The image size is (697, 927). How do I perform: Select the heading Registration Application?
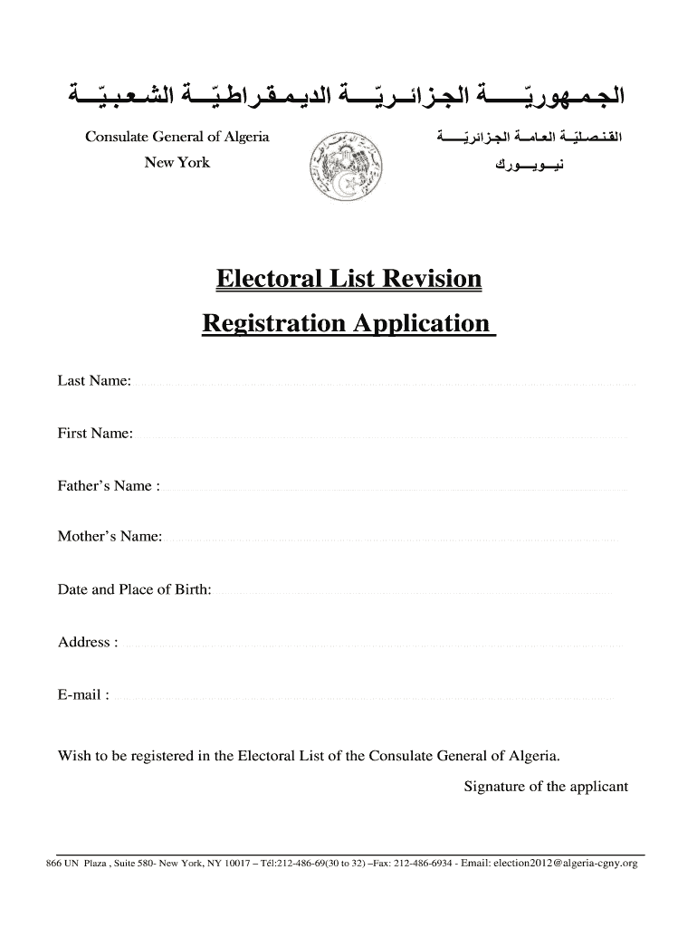[x=348, y=323]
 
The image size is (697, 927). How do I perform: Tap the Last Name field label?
[x=95, y=381]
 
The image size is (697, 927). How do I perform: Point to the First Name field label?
[x=95, y=434]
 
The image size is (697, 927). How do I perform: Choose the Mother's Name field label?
[x=110, y=537]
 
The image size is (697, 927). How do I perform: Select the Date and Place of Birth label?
[x=134, y=590]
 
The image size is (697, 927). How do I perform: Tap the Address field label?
[x=88, y=643]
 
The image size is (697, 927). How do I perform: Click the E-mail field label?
[x=84, y=695]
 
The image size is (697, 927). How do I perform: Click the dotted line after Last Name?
[x=385, y=385]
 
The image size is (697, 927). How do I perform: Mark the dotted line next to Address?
[x=371, y=646]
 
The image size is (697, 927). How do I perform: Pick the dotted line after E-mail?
[x=362, y=699]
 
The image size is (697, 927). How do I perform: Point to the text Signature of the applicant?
[x=545, y=787]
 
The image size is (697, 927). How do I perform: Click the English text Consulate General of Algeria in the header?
[x=177, y=138]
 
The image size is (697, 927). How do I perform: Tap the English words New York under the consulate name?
[x=177, y=163]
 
